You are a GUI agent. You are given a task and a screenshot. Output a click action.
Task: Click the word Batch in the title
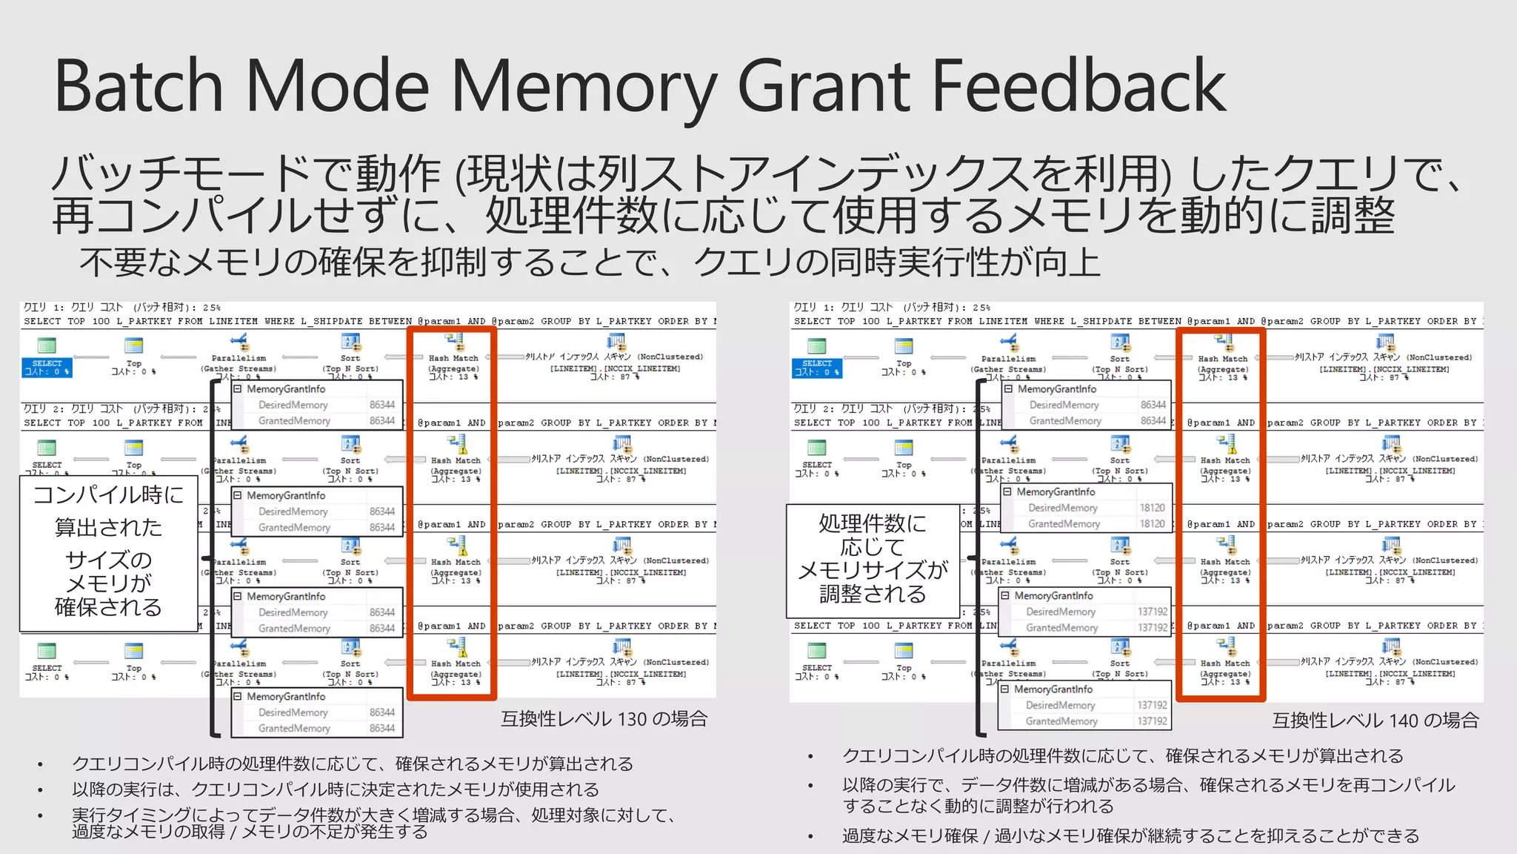[139, 87]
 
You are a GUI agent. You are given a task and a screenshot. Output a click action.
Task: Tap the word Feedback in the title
[1078, 87]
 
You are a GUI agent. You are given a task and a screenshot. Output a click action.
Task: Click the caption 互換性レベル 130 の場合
[604, 718]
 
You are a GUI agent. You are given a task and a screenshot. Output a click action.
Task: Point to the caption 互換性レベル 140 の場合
[1375, 720]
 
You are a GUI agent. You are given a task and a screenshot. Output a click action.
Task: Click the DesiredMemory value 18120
[1152, 508]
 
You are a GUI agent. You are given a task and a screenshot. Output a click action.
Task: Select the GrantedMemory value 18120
[1152, 523]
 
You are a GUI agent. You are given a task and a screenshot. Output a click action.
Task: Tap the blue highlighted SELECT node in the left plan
[47, 367]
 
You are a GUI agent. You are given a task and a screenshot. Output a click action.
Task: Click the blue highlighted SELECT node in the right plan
[817, 367]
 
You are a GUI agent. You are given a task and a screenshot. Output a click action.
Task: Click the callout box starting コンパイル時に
[108, 552]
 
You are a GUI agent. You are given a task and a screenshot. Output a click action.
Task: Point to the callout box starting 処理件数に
[873, 559]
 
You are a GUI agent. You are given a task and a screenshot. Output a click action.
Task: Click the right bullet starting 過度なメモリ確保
[1130, 836]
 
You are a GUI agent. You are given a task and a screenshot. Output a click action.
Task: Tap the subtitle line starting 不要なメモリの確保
[589, 262]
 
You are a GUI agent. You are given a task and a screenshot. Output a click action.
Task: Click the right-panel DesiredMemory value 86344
[1153, 405]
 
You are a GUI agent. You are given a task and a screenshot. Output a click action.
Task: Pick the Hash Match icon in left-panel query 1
[454, 342]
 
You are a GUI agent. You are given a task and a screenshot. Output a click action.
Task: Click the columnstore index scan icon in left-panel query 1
[616, 342]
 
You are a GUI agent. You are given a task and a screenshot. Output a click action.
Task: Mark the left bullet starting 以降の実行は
[335, 790]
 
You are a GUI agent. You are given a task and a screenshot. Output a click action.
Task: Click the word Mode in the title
[337, 87]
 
